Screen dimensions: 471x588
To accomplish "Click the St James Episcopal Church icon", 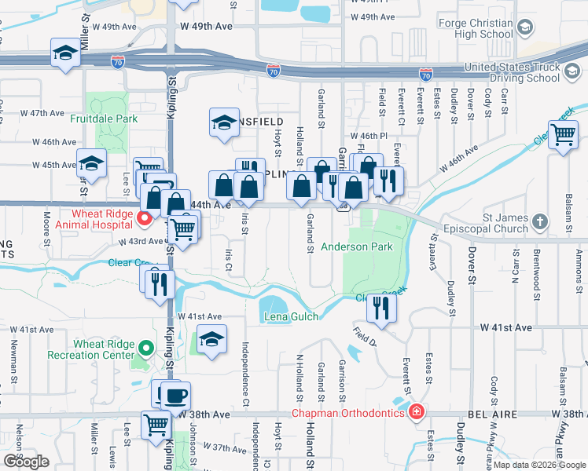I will pos(538,222).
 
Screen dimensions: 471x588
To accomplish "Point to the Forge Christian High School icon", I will pos(524,29).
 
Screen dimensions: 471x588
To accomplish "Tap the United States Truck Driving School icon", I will pos(573,73).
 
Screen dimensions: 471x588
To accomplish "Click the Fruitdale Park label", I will pos(103,119).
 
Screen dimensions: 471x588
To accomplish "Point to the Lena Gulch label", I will pos(291,316).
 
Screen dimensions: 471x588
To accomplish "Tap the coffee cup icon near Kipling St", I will pos(175,395).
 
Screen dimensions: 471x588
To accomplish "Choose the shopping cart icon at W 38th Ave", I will pos(156,424).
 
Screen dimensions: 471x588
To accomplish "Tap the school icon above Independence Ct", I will pos(211,339).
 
